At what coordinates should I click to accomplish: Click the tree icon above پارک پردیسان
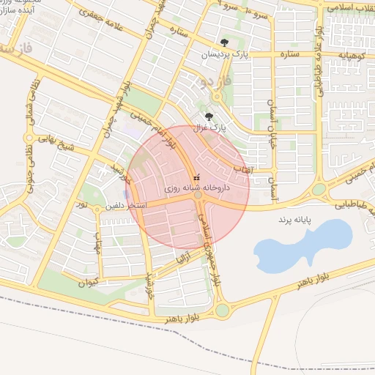pos(224,42)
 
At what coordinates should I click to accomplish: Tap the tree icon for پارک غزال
pos(209,116)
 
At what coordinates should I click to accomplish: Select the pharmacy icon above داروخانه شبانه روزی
pos(195,177)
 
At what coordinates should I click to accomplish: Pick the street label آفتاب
pos(242,169)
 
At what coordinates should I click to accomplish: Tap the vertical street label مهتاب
pos(97,240)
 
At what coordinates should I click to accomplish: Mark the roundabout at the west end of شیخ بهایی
pos(29,137)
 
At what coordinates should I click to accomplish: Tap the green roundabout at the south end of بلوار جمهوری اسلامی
pos(222,310)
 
